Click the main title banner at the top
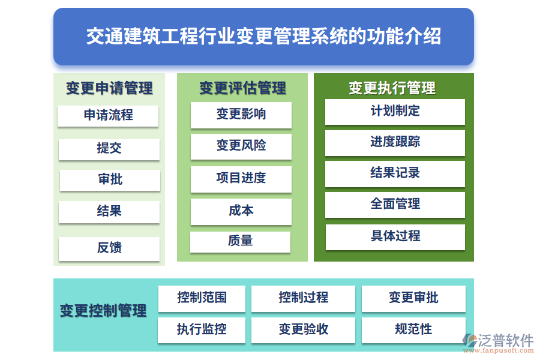(x=263, y=36)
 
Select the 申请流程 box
(x=108, y=115)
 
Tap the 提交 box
(x=109, y=149)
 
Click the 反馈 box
(x=109, y=248)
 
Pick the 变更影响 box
(x=241, y=115)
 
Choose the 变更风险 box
(x=241, y=146)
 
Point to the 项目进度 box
(x=241, y=178)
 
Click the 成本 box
(x=241, y=211)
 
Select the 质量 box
(x=241, y=241)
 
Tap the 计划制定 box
(x=395, y=111)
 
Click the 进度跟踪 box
(x=395, y=142)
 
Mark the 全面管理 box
(x=395, y=204)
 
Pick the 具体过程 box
(x=395, y=236)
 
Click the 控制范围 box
(x=202, y=298)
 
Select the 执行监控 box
(x=202, y=329)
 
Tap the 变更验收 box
(x=303, y=329)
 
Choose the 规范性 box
(x=413, y=329)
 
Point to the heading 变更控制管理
(x=103, y=311)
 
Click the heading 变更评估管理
(x=242, y=88)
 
